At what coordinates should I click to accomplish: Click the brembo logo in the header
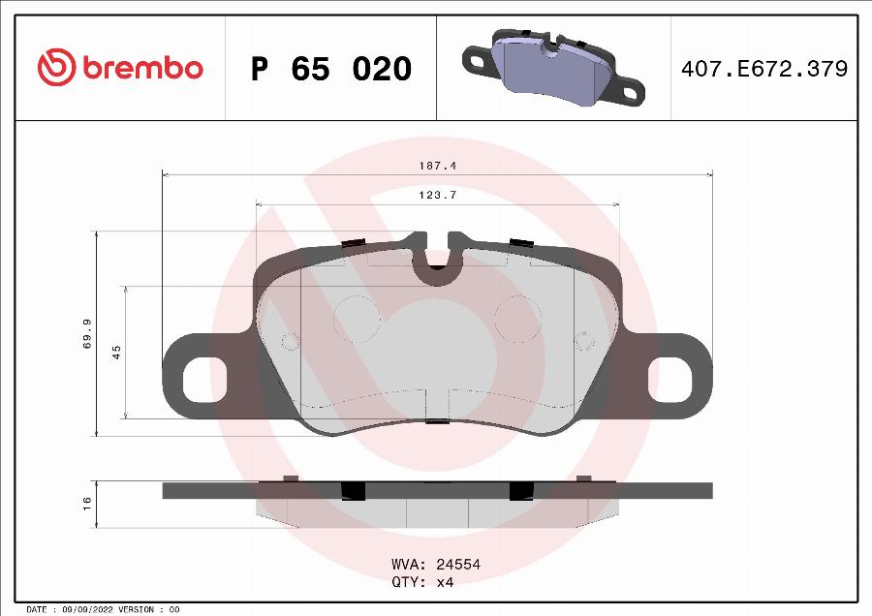tap(120, 68)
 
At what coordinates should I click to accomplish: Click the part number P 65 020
tap(331, 70)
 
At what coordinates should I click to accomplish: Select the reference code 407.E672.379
tap(764, 70)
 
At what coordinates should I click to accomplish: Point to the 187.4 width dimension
tap(437, 166)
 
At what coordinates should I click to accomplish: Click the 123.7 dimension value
tap(437, 196)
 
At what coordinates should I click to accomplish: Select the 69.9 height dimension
tap(87, 333)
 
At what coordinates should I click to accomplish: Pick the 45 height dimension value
tap(116, 353)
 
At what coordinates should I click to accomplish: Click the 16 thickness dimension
tap(87, 504)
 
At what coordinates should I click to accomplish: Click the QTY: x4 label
tap(422, 582)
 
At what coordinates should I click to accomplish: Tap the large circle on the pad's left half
tap(357, 319)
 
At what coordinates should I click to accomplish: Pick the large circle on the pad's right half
tap(518, 319)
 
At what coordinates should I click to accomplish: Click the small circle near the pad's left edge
tap(290, 341)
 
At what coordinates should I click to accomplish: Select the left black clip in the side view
tap(355, 490)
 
